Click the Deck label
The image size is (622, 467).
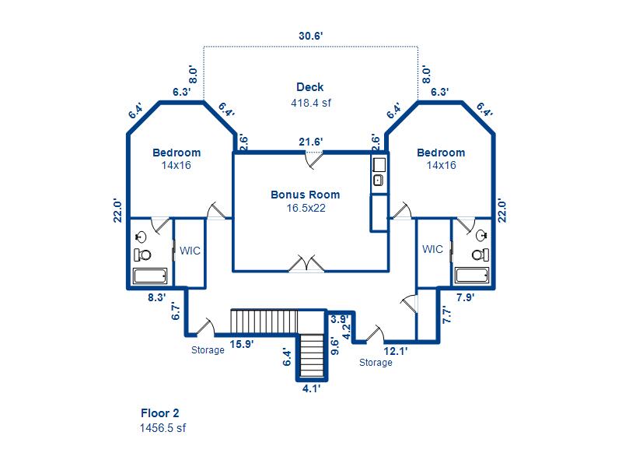coord(309,87)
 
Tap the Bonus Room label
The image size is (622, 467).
coord(305,195)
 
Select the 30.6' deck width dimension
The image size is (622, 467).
coord(310,35)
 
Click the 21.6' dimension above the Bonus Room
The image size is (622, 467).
coord(311,142)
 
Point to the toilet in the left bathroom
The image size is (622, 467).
coord(142,255)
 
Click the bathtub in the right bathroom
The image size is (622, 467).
coord(471,276)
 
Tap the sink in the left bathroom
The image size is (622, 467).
coord(142,237)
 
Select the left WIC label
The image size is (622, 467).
coord(190,251)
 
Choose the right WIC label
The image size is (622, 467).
coord(433,249)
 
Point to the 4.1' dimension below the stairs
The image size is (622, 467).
coord(311,388)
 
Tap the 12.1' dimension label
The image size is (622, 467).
coord(396,351)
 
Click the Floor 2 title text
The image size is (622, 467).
coord(160,413)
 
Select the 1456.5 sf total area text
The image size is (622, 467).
coord(163,427)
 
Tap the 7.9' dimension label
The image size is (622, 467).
coord(465,297)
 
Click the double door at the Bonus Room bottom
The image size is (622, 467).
coord(306,264)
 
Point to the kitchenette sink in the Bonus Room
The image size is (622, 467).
coord(378,181)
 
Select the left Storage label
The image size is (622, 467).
coord(208,350)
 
